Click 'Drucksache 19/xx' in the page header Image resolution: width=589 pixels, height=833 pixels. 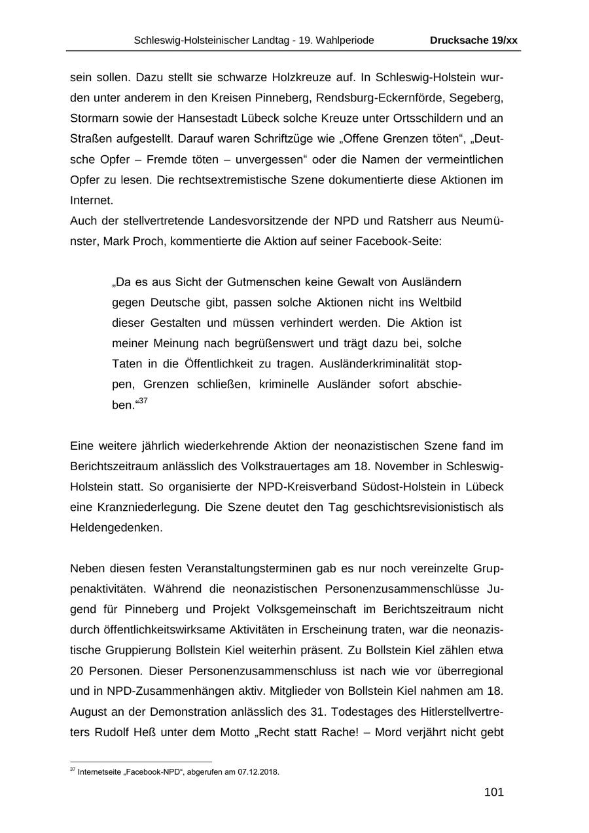coord(473,41)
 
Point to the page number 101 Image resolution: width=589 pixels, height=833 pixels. coord(493,792)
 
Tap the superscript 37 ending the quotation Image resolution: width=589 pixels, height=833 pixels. coord(143,401)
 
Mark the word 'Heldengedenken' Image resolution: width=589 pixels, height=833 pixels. coord(116,527)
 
